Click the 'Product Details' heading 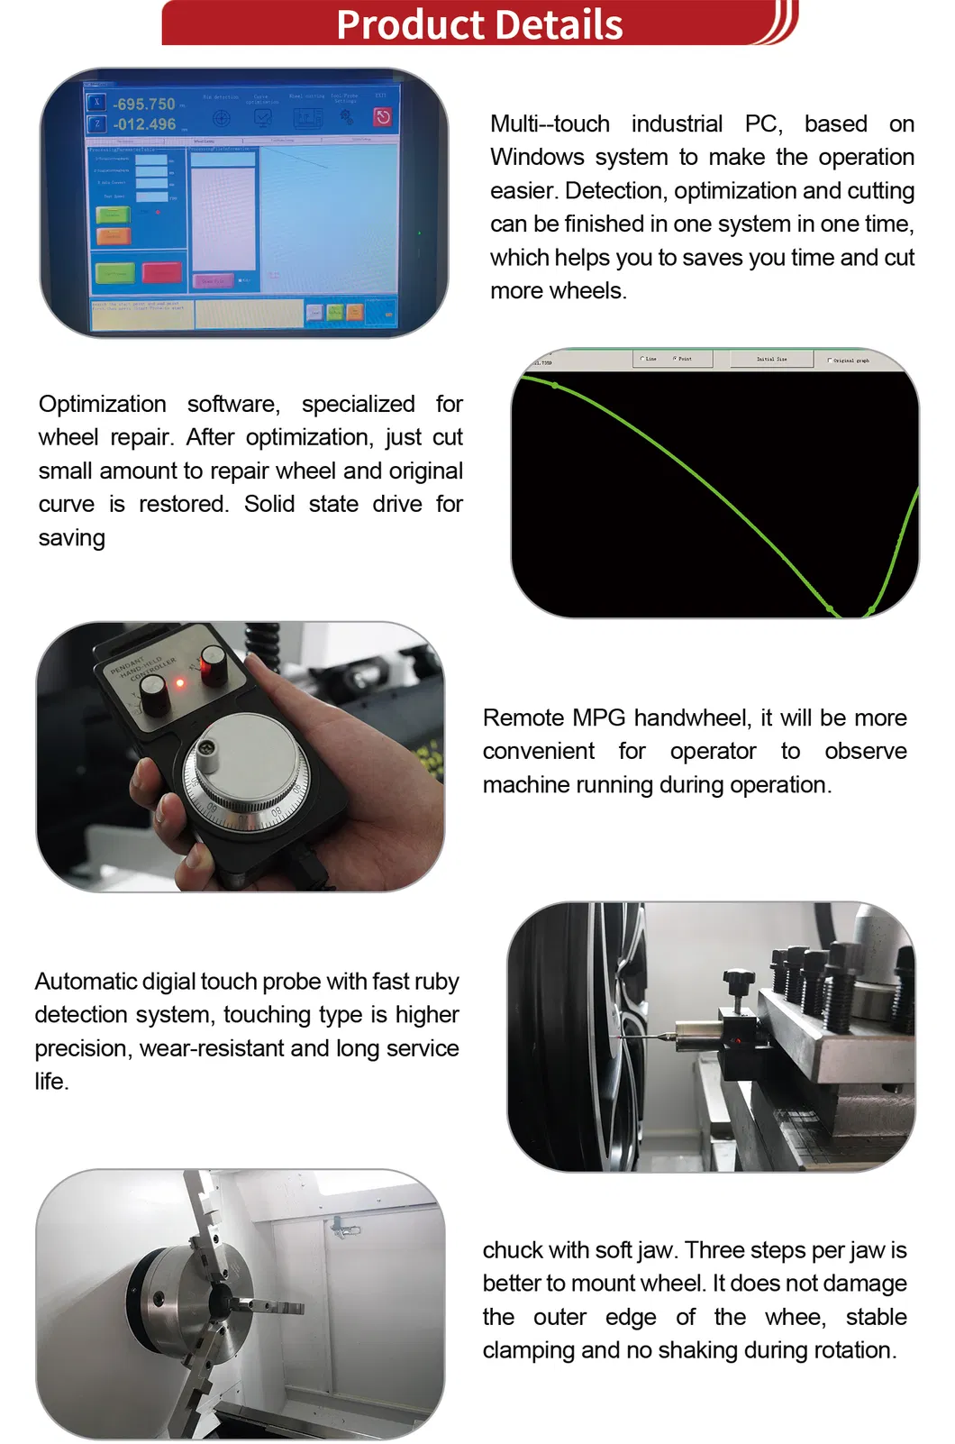[479, 24]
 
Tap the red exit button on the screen [382, 116]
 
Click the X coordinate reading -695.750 [144, 105]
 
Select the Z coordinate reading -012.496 [144, 124]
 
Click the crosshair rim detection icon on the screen [221, 118]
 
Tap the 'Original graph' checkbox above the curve [830, 360]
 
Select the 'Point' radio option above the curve [675, 359]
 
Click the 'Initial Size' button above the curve [771, 359]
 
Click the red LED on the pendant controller [179, 682]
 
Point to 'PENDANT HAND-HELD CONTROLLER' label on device [141, 668]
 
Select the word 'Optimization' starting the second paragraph [102, 404]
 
